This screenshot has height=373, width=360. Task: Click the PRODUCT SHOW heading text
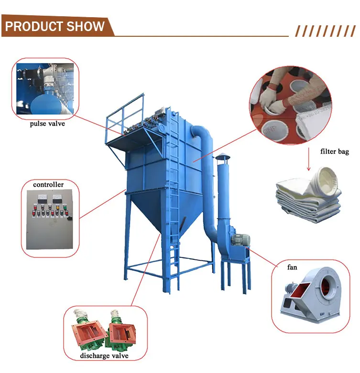point(55,26)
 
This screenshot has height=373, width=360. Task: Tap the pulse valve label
point(47,124)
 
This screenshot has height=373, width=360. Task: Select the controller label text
point(48,184)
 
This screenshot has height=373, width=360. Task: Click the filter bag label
point(335,152)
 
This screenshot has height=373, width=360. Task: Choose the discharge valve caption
point(105,356)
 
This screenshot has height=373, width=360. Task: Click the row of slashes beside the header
point(325,31)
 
